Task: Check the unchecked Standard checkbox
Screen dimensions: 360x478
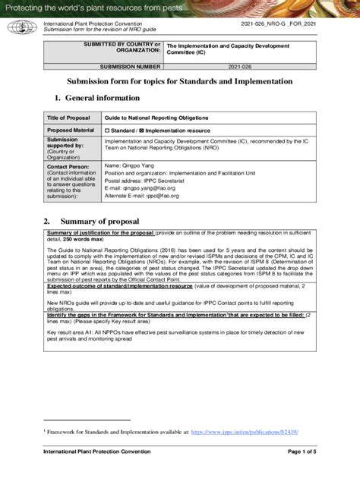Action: tap(108, 131)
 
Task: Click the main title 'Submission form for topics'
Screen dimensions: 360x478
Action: tap(178, 81)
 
